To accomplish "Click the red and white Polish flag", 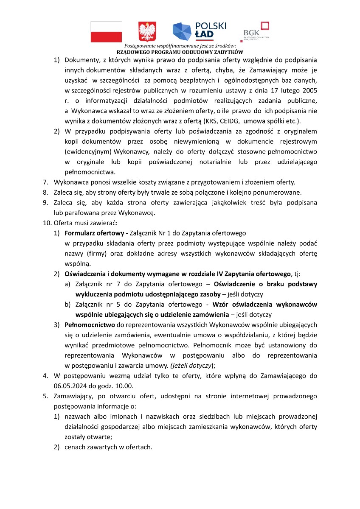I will pyautogui.click(x=106, y=32).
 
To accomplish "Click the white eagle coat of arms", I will pyautogui.click(x=147, y=32).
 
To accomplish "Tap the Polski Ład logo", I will pyautogui.click(x=199, y=31).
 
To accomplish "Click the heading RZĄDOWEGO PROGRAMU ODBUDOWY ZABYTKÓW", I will pyautogui.click(x=180, y=51).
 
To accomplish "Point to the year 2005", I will pyautogui.click(x=309, y=90).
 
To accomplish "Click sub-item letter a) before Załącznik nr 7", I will pyautogui.click(x=67, y=284).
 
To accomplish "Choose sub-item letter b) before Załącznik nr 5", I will pyautogui.click(x=67, y=304).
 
